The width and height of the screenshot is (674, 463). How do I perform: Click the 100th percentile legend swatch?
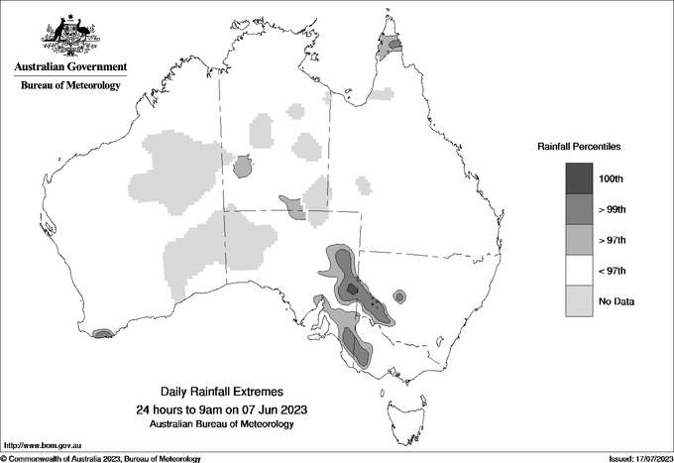pos(580,178)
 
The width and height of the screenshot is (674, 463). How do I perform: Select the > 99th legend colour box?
pos(580,209)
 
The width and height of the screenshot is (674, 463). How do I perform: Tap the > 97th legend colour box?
pos(580,240)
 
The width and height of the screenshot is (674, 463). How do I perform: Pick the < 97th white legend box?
pos(580,271)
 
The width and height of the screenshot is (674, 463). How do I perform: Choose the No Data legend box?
pos(580,301)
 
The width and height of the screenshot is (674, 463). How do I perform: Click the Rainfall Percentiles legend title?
pos(579,146)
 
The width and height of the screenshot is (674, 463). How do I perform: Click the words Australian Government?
pos(70,67)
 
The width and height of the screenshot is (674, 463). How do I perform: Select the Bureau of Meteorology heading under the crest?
pos(70,86)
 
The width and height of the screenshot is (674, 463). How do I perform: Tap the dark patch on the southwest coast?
pos(102,335)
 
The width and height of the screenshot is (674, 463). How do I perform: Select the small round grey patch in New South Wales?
pos(399,295)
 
